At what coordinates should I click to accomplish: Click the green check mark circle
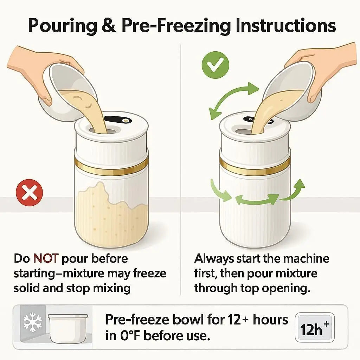[215, 65]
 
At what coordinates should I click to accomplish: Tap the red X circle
[30, 192]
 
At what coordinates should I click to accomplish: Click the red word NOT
[46, 258]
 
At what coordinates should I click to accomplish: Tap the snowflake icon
[33, 322]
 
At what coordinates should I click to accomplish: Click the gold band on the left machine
[111, 166]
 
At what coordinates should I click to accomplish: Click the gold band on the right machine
[255, 165]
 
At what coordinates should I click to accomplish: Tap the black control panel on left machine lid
[118, 120]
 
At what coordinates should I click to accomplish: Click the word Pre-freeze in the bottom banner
[137, 320]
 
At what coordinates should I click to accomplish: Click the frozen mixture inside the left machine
[111, 215]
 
